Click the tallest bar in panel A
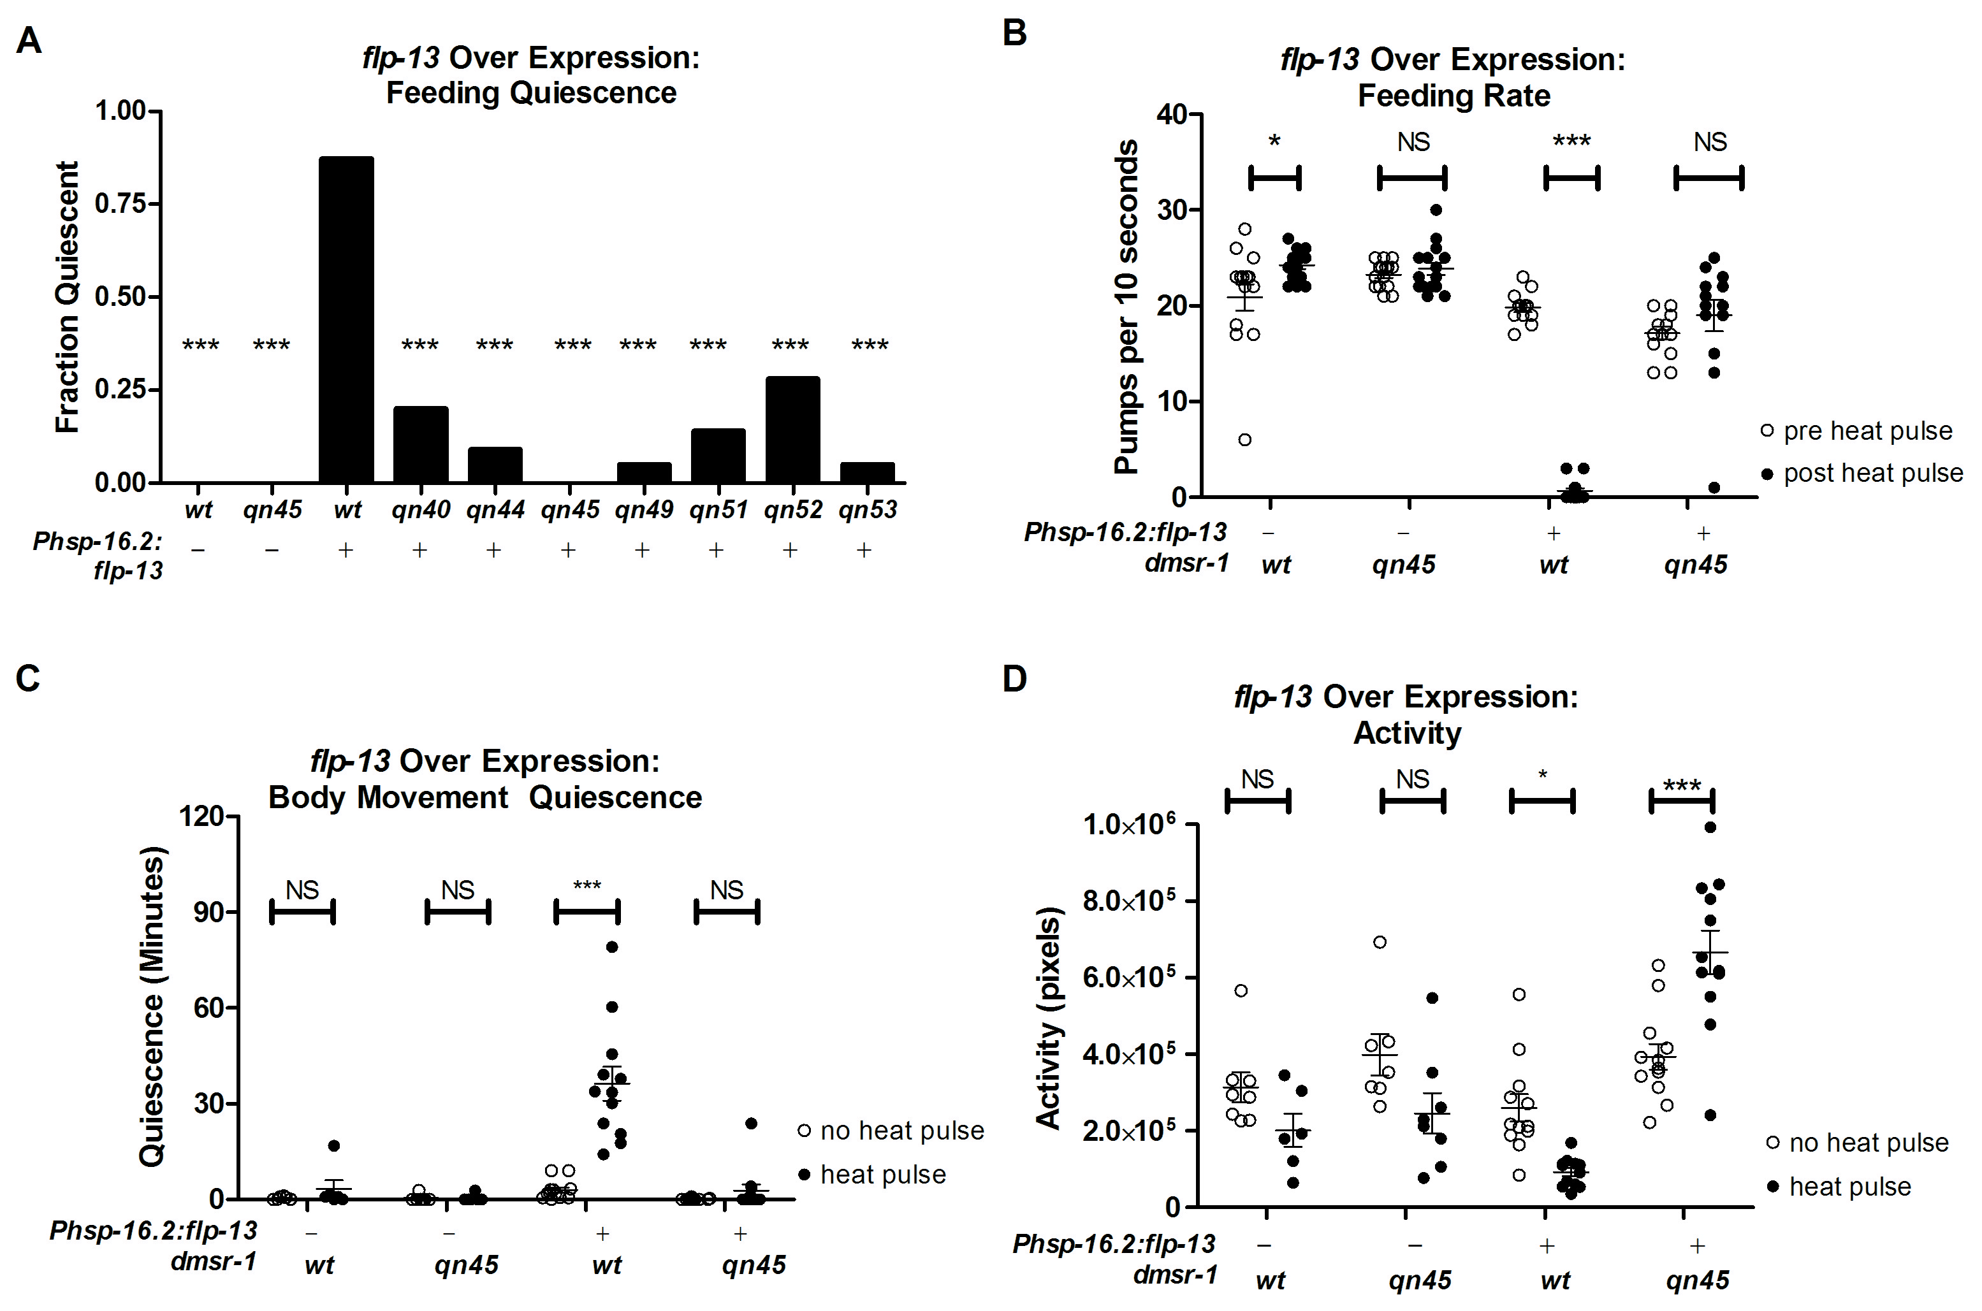pos(346,319)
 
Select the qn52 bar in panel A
pos(792,429)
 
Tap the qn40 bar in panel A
pos(421,444)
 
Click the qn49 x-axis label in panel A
pos(644,509)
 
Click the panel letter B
pos(1014,33)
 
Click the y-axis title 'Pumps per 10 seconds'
pos(1126,306)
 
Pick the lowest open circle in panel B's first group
pos(1244,440)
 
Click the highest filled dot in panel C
pos(611,946)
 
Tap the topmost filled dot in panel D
pos(1710,827)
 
